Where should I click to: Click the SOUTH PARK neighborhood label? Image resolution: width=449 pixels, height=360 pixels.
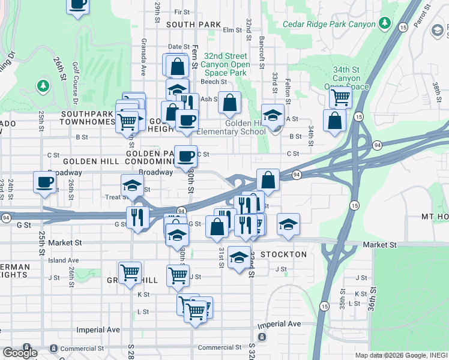[x=194, y=25]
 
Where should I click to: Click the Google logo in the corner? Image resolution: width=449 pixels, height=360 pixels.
[x=20, y=353]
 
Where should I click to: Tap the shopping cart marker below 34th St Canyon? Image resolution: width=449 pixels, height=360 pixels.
[x=340, y=97]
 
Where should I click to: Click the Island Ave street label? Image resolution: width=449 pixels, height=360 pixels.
[x=64, y=260]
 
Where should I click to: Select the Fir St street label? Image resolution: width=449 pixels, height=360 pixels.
[x=181, y=11]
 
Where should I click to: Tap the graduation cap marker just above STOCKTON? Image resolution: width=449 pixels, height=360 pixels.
[x=240, y=259]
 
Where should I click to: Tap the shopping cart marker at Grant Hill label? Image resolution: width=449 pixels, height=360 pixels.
[x=130, y=274]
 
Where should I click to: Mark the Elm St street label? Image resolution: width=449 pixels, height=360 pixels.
[x=231, y=29]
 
